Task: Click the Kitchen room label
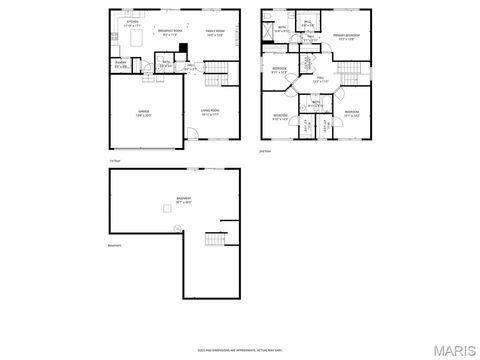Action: tap(132, 21)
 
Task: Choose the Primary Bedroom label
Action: tap(346, 37)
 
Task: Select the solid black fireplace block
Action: tap(183, 47)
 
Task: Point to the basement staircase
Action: tap(215, 241)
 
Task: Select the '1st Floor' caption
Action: tap(115, 160)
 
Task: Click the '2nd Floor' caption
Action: tap(265, 151)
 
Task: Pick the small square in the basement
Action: tap(169, 209)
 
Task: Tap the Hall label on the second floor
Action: tap(319, 79)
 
